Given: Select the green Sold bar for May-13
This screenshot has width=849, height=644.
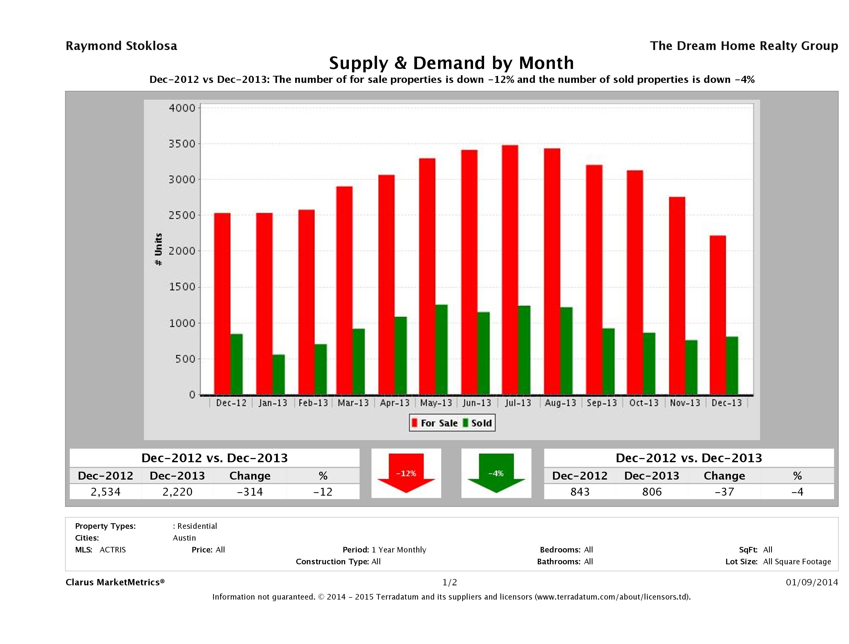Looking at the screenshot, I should pos(441,350).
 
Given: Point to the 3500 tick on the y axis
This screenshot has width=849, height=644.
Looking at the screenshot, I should pos(182,144).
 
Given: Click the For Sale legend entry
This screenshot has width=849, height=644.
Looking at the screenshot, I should pos(435,423).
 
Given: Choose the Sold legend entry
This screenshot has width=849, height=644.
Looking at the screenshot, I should pos(478,423).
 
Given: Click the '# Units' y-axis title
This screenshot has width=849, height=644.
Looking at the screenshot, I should pos(158,249).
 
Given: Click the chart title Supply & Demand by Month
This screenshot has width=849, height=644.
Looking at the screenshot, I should pos(451,63).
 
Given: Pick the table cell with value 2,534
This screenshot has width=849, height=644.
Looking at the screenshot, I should pos(106,492).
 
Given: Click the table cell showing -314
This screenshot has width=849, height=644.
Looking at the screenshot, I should pos(250,492).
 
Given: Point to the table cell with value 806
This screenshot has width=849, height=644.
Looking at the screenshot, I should pos(652,492).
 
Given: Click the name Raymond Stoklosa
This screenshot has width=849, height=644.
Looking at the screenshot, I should pos(121,46).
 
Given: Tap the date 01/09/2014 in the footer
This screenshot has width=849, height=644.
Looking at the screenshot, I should pos(811,582).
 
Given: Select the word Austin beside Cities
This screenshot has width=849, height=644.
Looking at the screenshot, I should pos(184,538).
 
